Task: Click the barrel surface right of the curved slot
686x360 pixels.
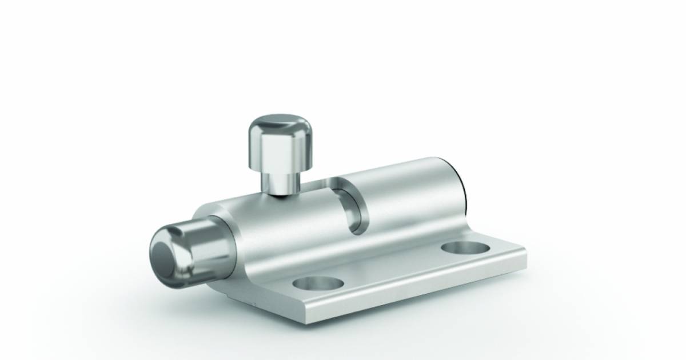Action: (406, 194)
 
